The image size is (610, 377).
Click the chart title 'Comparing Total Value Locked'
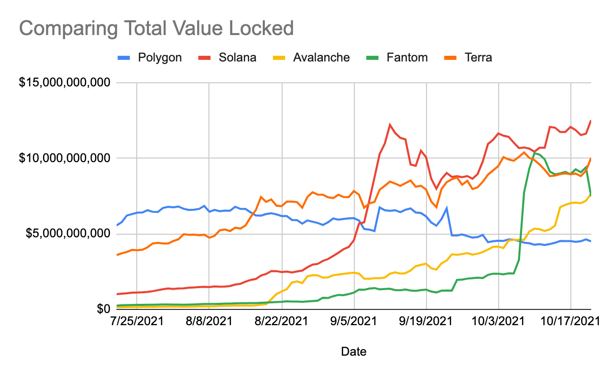click(x=157, y=28)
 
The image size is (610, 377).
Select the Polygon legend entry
click(x=149, y=58)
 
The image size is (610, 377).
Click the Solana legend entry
click(x=227, y=58)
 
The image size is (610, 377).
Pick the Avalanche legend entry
click(x=311, y=58)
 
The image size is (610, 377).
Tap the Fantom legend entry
click(x=397, y=58)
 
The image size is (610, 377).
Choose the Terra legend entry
click(x=468, y=58)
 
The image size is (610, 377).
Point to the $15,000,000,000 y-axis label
click(x=65, y=82)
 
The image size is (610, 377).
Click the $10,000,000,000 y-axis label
click(x=65, y=158)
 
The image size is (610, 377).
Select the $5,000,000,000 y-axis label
click(x=68, y=234)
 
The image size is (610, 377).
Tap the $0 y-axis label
click(x=104, y=309)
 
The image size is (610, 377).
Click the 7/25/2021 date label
click(x=137, y=322)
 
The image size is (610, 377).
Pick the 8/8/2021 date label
click(x=209, y=322)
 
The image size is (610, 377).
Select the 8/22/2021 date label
click(x=281, y=322)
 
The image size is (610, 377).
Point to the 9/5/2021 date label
click(x=353, y=322)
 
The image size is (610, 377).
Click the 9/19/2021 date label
click(x=425, y=322)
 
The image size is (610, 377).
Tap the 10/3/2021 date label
click(x=498, y=322)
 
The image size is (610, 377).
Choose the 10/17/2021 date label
click(x=570, y=322)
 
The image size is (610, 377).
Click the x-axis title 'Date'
click(x=354, y=352)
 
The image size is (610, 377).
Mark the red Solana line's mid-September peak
click(x=390, y=124)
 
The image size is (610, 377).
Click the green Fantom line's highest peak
click(x=534, y=153)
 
